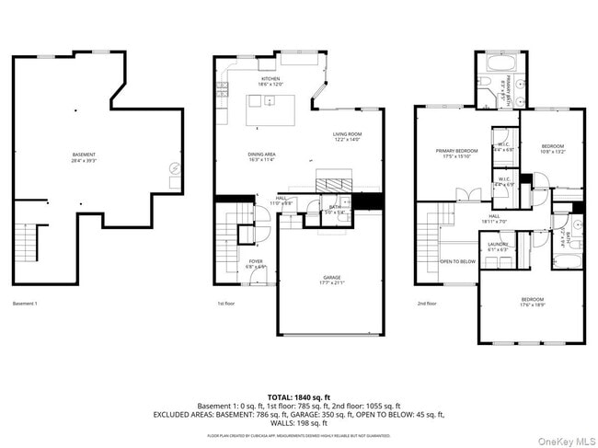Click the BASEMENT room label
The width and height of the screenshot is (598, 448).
(84, 155)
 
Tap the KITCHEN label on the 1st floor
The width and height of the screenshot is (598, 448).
(270, 79)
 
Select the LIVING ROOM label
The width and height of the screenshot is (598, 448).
(347, 135)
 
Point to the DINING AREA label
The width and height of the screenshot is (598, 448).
(261, 155)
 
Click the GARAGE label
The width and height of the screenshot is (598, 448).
(331, 277)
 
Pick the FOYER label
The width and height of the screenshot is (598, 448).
(256, 261)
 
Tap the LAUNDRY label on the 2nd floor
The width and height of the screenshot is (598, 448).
(498, 244)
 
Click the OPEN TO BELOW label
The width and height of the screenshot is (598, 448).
(457, 261)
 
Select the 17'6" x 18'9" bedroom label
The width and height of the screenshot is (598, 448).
(533, 300)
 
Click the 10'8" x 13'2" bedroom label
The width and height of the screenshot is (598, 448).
(552, 147)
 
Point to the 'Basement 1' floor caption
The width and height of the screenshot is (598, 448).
(25, 304)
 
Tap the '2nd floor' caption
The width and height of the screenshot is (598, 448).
(427, 304)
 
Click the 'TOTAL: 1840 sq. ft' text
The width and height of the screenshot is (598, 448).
(299, 396)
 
